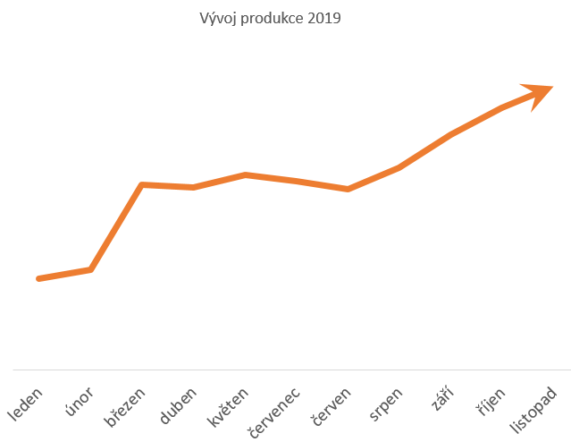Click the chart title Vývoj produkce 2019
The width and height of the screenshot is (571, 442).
click(x=270, y=19)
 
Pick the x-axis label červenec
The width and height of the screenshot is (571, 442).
click(x=273, y=412)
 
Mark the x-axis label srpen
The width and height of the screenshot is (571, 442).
click(x=385, y=404)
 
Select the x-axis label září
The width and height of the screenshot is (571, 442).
click(x=441, y=399)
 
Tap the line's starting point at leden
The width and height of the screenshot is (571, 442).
click(x=38, y=279)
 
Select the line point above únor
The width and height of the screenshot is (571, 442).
click(x=90, y=268)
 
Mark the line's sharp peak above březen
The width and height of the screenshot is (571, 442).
click(x=142, y=184)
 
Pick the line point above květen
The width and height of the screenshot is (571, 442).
click(x=245, y=174)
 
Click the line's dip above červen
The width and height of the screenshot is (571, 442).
click(x=348, y=189)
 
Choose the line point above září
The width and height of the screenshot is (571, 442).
click(x=451, y=134)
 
